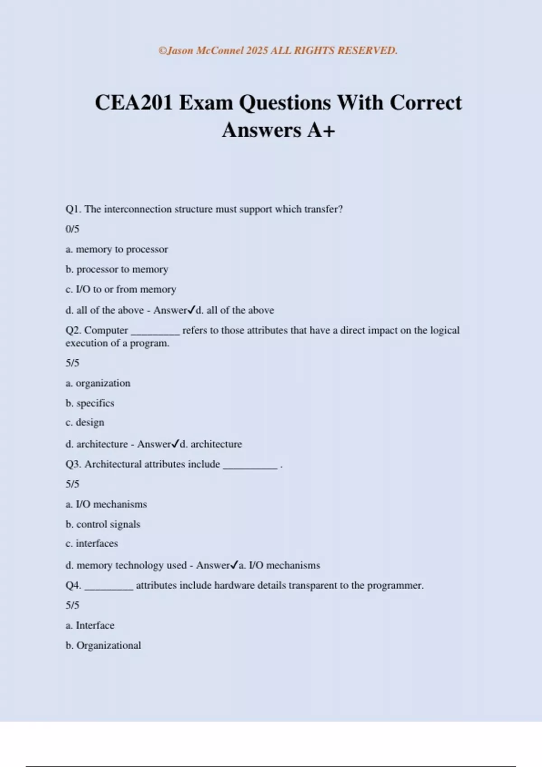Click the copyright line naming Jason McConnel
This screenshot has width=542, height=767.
coord(278,51)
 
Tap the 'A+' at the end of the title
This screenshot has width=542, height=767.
coord(321,130)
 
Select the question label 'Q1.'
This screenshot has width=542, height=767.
coord(73,209)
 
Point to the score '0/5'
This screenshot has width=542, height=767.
coord(72,229)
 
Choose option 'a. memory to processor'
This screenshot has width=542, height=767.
coord(117,250)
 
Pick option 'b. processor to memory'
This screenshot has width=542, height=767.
coord(117,269)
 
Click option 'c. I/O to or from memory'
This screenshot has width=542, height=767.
coord(121,289)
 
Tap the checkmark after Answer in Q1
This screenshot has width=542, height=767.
coord(191,310)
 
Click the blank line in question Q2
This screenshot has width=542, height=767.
coord(155,333)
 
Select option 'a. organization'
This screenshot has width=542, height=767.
coord(98,383)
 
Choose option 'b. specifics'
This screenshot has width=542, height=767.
coord(90,403)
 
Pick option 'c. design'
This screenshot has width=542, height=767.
coord(85,422)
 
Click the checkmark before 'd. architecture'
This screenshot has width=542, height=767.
coord(176,444)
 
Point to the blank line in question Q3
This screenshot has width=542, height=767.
coord(250,467)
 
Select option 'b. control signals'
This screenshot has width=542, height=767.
coord(103,524)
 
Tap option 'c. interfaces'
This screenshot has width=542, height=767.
coord(92,544)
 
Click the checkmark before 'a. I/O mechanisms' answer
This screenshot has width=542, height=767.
coord(234,564)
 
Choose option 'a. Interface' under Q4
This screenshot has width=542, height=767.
coord(90,625)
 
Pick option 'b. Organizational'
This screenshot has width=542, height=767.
coord(103,646)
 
